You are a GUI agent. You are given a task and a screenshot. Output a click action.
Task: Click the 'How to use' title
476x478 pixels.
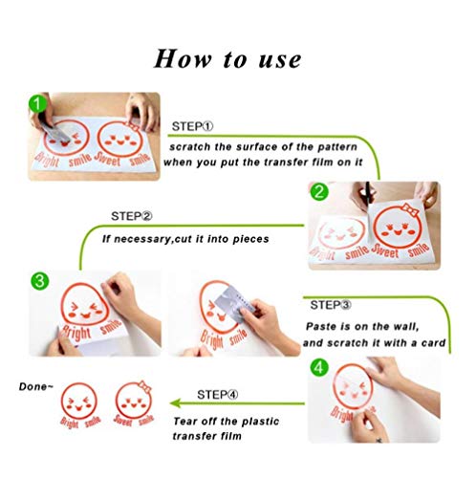pos(227,59)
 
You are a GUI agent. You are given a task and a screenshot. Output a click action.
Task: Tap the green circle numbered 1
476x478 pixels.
pos(37,103)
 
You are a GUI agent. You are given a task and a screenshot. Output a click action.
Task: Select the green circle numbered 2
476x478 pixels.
pos(319,192)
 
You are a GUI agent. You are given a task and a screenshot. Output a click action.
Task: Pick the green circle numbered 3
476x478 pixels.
pos(40,281)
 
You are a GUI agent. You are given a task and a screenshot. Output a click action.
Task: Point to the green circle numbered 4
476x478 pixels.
pos(319,368)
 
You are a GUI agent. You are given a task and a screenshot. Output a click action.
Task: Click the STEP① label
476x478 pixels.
pos(192,126)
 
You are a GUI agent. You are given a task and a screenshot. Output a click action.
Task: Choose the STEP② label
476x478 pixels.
pos(132,216)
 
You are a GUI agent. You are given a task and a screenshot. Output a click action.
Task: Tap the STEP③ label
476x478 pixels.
pos(331,305)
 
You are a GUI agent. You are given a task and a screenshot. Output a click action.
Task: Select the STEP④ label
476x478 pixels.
pos(218,395)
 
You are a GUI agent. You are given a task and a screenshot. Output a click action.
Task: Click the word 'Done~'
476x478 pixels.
pos(36,386)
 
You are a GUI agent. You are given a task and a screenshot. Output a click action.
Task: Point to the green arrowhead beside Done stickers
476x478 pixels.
pos(176,403)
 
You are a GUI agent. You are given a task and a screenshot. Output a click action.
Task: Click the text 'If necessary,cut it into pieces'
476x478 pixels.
pos(185,239)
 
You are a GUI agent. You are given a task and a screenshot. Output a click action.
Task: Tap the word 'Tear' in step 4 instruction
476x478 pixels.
pos(185,421)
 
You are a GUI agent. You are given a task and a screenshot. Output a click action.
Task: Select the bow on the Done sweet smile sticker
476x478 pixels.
pos(144,386)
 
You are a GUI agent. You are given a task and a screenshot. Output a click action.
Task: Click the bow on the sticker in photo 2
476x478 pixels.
pos(410,209)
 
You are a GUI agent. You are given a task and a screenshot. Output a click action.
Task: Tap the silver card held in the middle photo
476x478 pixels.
pos(234,301)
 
